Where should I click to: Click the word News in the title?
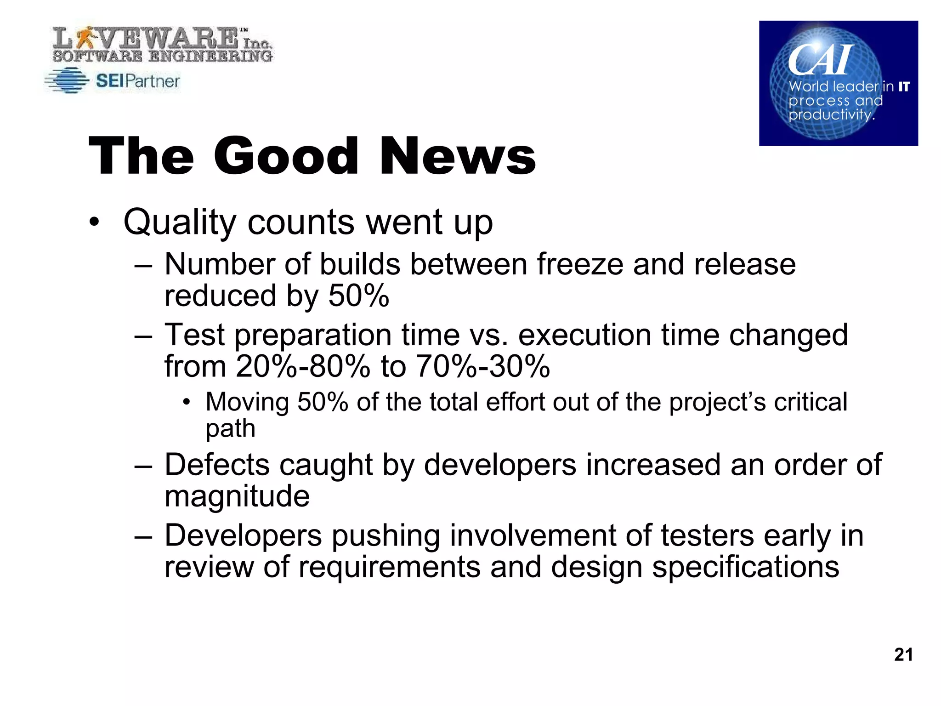pos(457,156)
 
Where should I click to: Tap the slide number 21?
pos(903,655)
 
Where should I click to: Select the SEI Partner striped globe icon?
pos(67,81)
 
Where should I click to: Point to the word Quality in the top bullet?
pos(180,222)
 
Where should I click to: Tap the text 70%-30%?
pos(482,366)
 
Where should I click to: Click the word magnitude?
pos(237,496)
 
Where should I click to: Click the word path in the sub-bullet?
pos(230,429)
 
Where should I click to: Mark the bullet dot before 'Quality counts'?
pos(94,223)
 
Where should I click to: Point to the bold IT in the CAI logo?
pos(904,86)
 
